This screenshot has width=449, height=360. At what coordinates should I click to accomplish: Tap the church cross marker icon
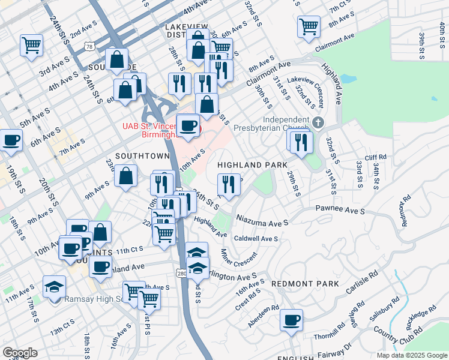318,124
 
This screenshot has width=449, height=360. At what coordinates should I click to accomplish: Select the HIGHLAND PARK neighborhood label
252,164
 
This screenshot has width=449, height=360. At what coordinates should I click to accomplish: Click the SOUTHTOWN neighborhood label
142,156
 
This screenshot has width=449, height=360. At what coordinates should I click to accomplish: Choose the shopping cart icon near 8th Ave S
308,26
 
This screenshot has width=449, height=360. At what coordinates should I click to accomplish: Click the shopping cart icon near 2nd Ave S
31,44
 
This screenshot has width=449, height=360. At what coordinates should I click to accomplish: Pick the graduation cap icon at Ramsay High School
54,286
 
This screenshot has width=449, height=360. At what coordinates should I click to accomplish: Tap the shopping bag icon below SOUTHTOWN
126,176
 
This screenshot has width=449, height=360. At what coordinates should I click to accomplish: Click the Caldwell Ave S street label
256,238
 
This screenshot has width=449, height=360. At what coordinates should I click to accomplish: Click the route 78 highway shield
89,46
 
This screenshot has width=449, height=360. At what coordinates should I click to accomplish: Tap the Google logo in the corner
20,352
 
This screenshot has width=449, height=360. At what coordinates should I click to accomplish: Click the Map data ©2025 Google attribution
411,355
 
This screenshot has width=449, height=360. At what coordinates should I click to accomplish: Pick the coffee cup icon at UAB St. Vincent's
188,125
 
